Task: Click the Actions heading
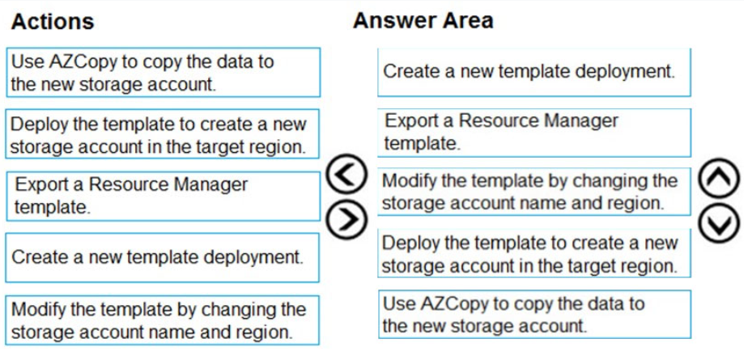coord(53,22)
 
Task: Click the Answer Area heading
coord(423,21)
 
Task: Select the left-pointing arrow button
coord(346,174)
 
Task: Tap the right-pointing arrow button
coord(346,219)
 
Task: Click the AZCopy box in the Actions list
coord(164,72)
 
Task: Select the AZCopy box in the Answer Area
coord(534,314)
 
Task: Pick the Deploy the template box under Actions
coord(163,134)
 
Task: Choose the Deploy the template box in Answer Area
coord(534,252)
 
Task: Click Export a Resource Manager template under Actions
coord(164,196)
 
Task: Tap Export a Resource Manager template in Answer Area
coord(534,133)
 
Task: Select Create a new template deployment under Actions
coord(162,257)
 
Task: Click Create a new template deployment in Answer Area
coord(534,72)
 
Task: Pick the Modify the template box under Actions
coord(162,320)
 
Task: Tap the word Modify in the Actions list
coord(40,310)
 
